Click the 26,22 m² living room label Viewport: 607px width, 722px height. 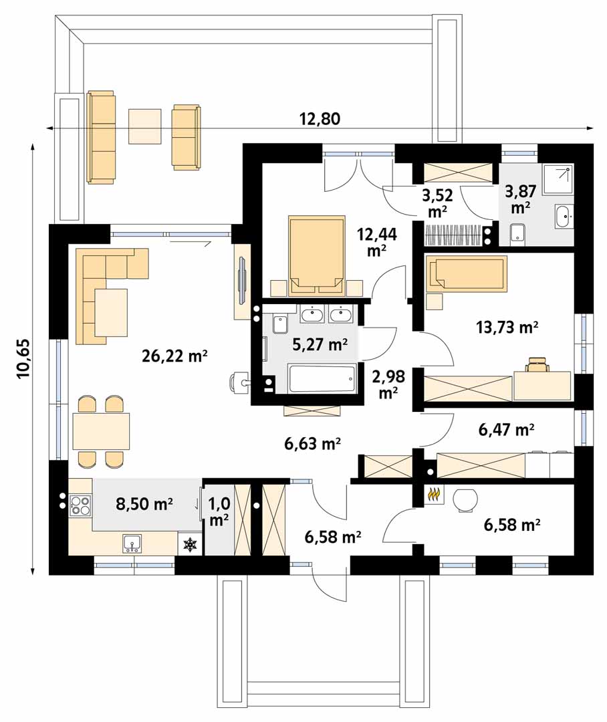(x=174, y=356)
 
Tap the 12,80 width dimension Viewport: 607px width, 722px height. (x=320, y=119)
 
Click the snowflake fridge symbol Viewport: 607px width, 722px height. (x=189, y=546)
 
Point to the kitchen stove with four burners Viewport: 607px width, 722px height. (x=80, y=504)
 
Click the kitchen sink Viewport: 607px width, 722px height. (x=132, y=544)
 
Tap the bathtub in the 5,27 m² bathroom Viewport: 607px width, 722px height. (x=322, y=378)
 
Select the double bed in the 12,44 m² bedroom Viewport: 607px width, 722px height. (x=317, y=255)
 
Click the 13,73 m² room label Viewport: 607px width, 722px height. (x=507, y=328)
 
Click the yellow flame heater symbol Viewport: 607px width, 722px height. (x=433, y=495)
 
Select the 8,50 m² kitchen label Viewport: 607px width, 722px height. (x=144, y=504)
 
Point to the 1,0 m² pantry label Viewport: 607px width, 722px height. (x=219, y=511)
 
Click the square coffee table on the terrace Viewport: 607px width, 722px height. (x=144, y=126)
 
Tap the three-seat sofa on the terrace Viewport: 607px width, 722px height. (x=100, y=137)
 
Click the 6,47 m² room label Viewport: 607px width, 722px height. (x=506, y=430)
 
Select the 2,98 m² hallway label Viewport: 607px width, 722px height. (x=388, y=384)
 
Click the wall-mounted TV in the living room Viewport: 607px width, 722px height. (x=242, y=281)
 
